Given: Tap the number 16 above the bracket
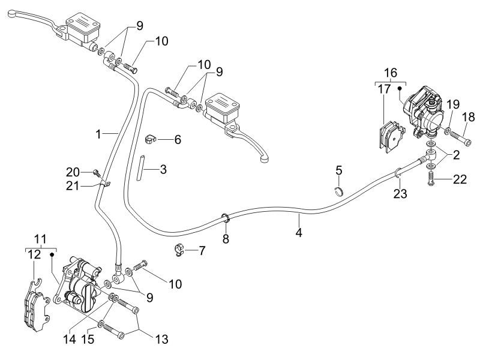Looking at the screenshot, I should (391, 73).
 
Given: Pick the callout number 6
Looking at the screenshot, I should (177, 139).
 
